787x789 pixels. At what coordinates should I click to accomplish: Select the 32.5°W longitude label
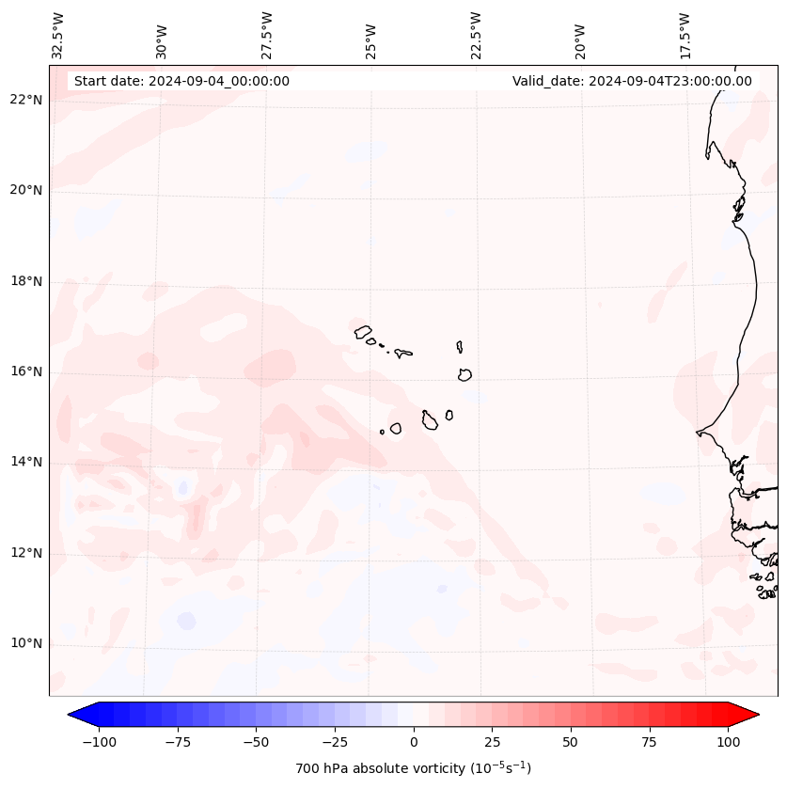click(x=58, y=35)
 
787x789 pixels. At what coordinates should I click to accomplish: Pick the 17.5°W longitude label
click(x=685, y=35)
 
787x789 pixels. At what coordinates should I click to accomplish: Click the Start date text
click(x=181, y=81)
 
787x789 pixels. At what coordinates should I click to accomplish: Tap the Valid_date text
click(x=632, y=81)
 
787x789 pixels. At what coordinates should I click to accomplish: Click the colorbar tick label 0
click(x=414, y=742)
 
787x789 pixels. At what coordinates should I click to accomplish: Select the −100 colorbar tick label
click(x=99, y=742)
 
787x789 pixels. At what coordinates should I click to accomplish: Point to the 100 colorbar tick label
click(x=728, y=742)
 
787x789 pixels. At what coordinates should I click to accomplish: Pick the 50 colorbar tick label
click(x=571, y=742)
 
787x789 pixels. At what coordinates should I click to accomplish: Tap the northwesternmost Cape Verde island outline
click(x=363, y=331)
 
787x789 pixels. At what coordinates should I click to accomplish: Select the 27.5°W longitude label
click(x=267, y=35)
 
